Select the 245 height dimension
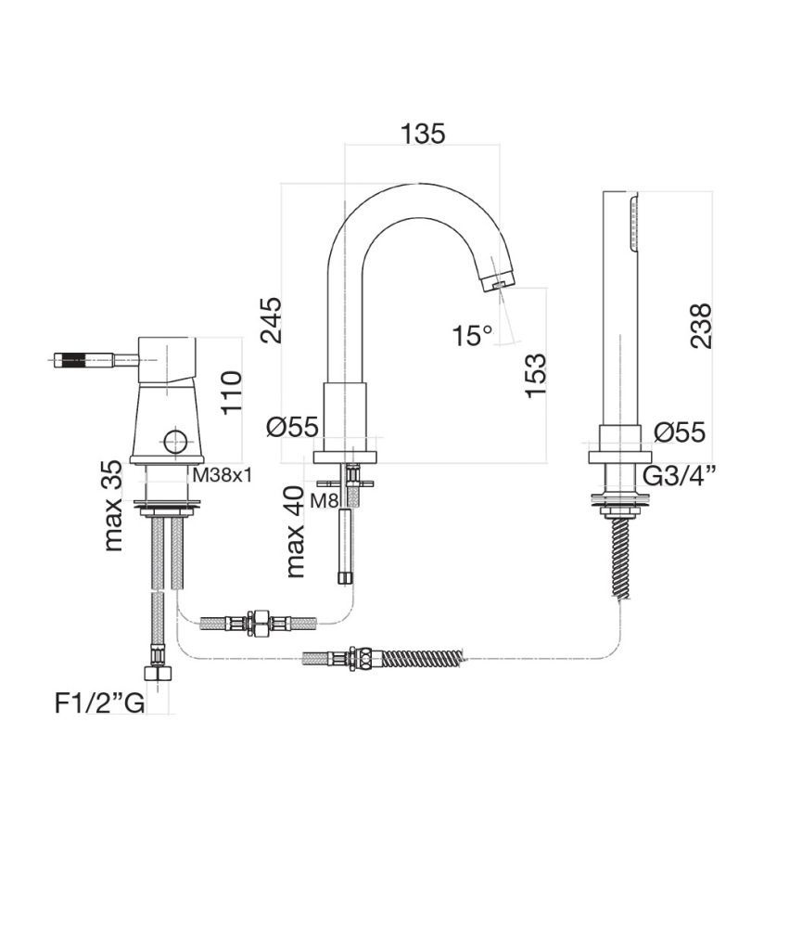pos(271,320)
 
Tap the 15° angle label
pos(473,335)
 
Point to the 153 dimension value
pos(536,375)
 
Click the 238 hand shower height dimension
pos(702,325)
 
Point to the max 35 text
pos(112,506)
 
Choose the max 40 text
pos(296,533)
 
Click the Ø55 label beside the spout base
pos(291,428)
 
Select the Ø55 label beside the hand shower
pos(679,432)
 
